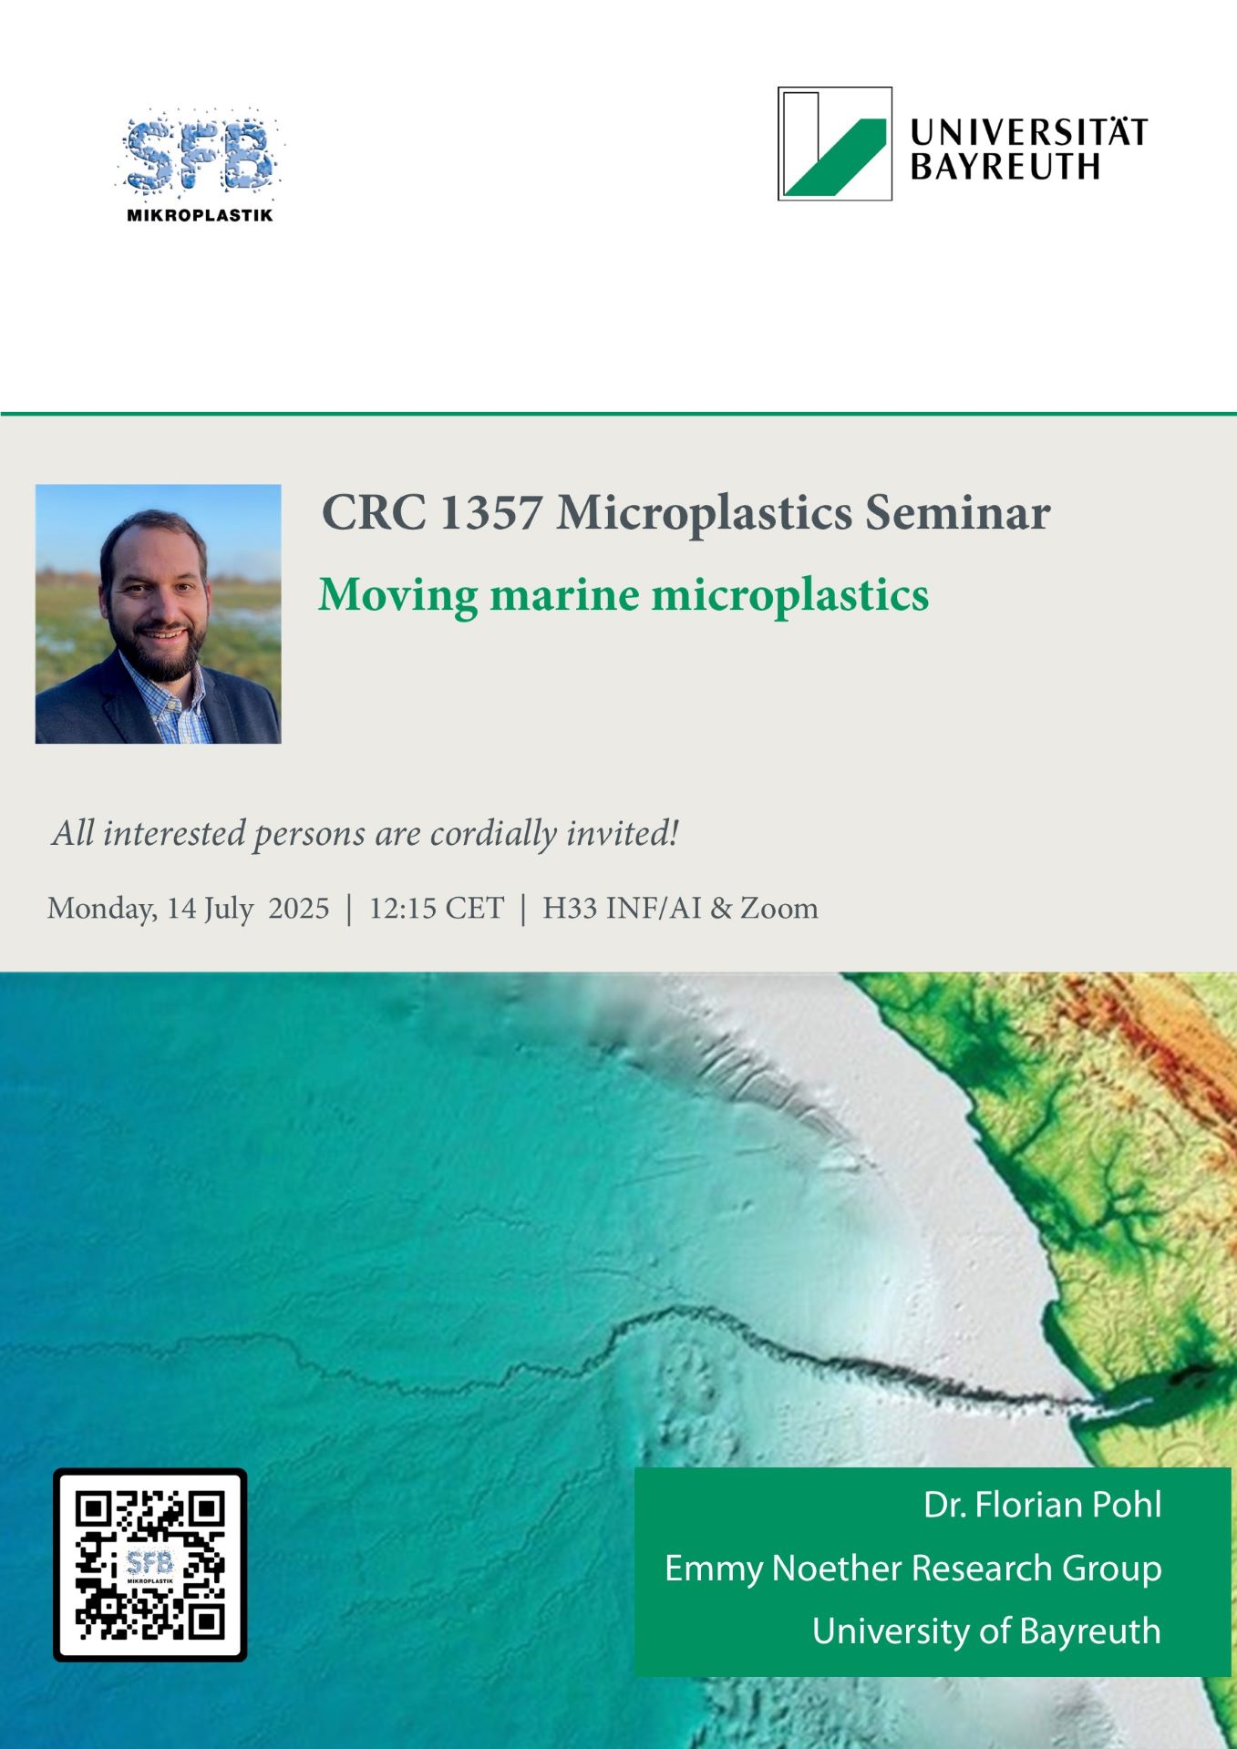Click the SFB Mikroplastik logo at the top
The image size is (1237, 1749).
200,166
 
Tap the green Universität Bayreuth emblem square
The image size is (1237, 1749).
834,143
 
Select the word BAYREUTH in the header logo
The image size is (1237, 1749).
1005,167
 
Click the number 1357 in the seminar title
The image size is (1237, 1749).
491,512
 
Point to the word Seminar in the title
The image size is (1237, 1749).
957,512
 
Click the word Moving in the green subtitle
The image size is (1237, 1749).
397,596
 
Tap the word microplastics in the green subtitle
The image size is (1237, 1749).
789,596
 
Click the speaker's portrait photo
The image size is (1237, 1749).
158,613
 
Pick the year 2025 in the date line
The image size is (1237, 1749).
299,908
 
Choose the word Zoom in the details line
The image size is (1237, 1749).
779,908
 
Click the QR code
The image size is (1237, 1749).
150,1564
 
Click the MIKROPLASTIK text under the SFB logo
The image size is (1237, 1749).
200,216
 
